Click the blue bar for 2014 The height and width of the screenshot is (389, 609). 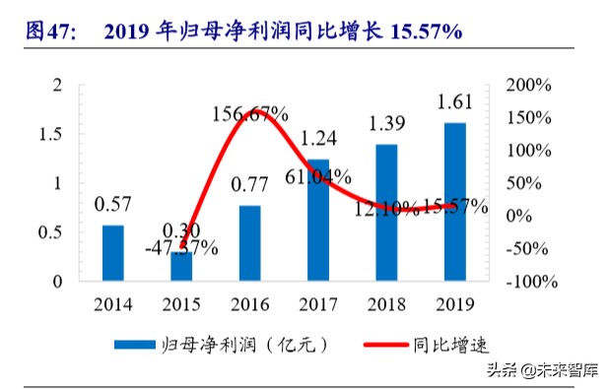click(x=113, y=253)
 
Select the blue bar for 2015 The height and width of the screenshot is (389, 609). click(x=181, y=267)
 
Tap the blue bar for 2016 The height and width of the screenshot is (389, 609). click(x=250, y=243)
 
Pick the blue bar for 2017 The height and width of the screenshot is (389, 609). click(x=318, y=220)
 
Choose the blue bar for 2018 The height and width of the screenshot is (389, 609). click(x=386, y=213)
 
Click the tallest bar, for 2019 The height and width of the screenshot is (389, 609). click(x=454, y=202)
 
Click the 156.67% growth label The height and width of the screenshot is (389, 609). click(x=250, y=115)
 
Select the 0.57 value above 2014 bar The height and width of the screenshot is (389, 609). click(x=113, y=205)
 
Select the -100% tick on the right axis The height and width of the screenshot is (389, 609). click(x=533, y=282)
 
